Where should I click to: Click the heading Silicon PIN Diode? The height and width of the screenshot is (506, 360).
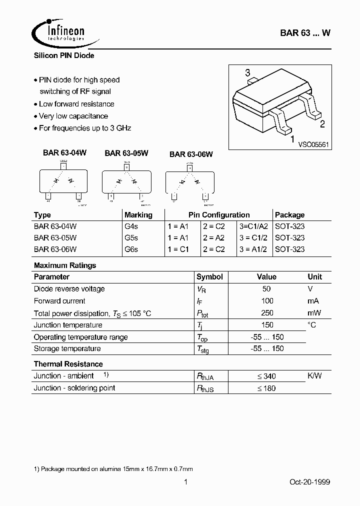pyautogui.click(x=64, y=55)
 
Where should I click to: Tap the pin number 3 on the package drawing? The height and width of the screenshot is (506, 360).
pyautogui.click(x=247, y=73)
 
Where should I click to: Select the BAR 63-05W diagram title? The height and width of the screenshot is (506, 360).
pyautogui.click(x=126, y=153)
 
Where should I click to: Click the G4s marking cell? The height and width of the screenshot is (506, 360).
pyautogui.click(x=131, y=226)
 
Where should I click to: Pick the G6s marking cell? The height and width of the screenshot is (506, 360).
pyautogui.click(x=131, y=249)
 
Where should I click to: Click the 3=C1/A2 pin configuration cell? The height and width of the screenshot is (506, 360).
pyautogui.click(x=253, y=226)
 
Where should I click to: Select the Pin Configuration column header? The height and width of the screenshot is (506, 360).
pyautogui.click(x=219, y=214)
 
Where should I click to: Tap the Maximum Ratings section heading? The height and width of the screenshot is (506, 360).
pyautogui.click(x=65, y=265)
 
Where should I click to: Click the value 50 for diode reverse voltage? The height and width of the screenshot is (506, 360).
pyautogui.click(x=266, y=289)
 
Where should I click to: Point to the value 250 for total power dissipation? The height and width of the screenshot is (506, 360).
pyautogui.click(x=267, y=313)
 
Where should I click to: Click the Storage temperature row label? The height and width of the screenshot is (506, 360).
pyautogui.click(x=67, y=348)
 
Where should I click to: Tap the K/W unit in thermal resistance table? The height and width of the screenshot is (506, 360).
pyautogui.click(x=314, y=375)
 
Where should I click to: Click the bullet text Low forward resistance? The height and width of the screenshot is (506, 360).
pyautogui.click(x=76, y=104)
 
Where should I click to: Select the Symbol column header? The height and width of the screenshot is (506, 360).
pyautogui.click(x=209, y=277)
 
